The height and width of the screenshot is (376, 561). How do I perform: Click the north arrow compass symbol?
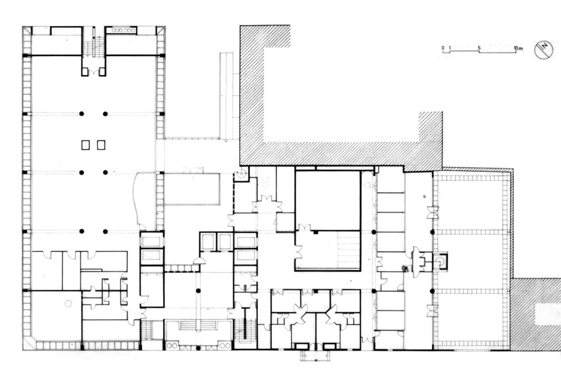[544, 50]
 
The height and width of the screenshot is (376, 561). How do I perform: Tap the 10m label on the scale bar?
[518, 48]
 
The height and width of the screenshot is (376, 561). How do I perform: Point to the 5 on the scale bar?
[479, 48]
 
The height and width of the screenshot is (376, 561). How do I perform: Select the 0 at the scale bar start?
[443, 48]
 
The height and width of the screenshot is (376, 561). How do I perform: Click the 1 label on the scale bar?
[449, 48]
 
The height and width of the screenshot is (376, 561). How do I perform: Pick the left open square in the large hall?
[85, 145]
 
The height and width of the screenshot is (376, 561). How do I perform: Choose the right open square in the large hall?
[101, 145]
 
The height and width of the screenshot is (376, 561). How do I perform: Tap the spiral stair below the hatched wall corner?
[242, 174]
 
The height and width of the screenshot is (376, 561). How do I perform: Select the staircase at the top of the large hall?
[94, 47]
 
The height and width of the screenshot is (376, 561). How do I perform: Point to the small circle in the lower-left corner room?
[68, 303]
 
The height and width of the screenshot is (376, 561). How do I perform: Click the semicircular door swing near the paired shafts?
[199, 261]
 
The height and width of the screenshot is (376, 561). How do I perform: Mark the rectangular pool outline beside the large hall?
[192, 189]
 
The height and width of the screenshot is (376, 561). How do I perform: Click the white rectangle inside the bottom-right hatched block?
[547, 314]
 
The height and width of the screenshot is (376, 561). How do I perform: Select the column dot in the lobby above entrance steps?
[198, 291]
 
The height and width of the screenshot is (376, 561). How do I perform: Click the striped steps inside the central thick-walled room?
[348, 250]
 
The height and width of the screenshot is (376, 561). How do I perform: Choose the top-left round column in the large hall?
[82, 113]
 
